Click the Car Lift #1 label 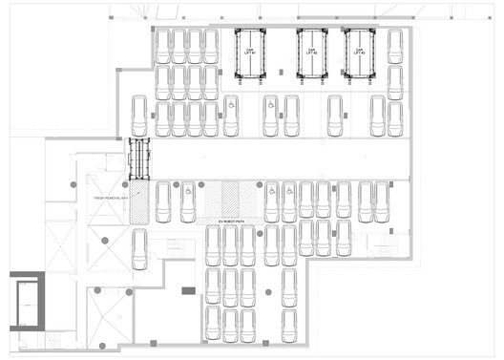[x=251, y=52]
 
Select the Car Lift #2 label [x=311, y=52]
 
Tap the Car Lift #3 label [x=360, y=52]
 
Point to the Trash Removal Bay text [x=111, y=198]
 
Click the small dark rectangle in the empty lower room [x=188, y=289]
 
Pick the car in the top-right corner [x=395, y=47]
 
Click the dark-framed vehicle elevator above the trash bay [x=140, y=159]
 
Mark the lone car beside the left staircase [x=140, y=249]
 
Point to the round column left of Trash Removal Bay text [x=73, y=183]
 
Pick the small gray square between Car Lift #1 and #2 [x=283, y=69]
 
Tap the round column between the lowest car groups [x=267, y=291]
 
